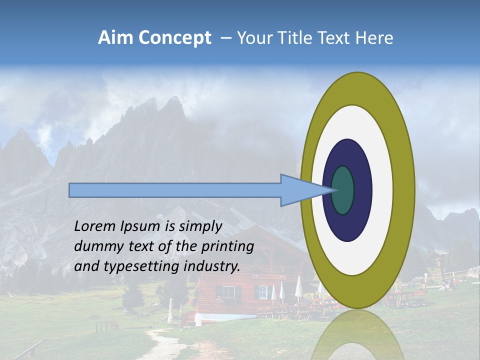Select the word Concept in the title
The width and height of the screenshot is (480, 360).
[x=175, y=38]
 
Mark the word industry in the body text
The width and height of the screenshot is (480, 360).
[x=211, y=266]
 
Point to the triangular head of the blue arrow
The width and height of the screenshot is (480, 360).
[x=300, y=190]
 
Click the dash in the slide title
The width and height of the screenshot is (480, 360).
[x=225, y=38]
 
